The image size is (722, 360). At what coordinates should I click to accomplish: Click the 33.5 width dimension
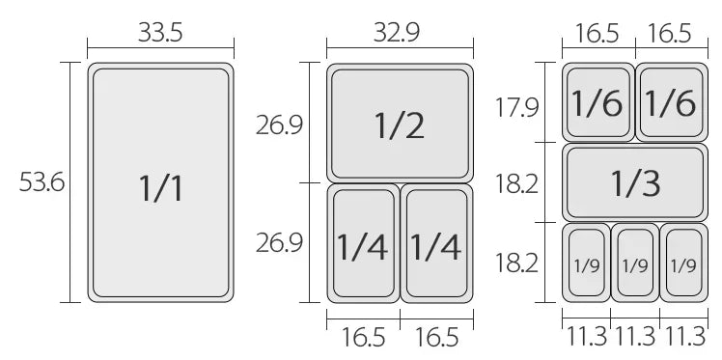coord(160,33)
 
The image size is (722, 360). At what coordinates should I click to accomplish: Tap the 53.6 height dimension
coord(42,182)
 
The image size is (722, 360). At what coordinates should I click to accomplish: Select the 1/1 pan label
coord(160,188)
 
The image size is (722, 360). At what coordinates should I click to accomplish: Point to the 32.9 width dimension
coord(397,33)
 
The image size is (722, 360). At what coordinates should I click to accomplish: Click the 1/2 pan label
coord(400,125)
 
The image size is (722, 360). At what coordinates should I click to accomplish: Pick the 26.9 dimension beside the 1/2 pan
coord(280,125)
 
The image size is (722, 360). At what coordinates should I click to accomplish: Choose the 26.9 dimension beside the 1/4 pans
coord(280,242)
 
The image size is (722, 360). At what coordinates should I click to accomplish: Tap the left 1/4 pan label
coord(362,247)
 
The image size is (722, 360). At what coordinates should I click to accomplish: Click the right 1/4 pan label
coord(435,247)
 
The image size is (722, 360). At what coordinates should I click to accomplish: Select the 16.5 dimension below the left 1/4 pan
coord(363,337)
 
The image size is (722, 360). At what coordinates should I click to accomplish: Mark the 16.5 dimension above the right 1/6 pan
coord(670,33)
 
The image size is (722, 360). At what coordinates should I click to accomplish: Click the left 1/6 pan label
coord(597,102)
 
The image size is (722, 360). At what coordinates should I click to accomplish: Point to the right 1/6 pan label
coord(671,102)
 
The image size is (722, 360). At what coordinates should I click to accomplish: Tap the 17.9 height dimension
coord(516,108)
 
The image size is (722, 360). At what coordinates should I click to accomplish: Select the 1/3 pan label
coord(635,182)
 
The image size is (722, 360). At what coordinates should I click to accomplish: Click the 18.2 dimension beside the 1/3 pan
coord(516,184)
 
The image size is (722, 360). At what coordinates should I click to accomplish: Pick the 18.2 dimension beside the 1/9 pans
coord(516,263)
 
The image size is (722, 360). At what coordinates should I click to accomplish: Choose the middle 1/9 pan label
coord(635,265)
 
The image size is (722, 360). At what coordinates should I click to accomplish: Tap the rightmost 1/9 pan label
coord(683,265)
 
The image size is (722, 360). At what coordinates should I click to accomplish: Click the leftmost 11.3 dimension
coord(586,337)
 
